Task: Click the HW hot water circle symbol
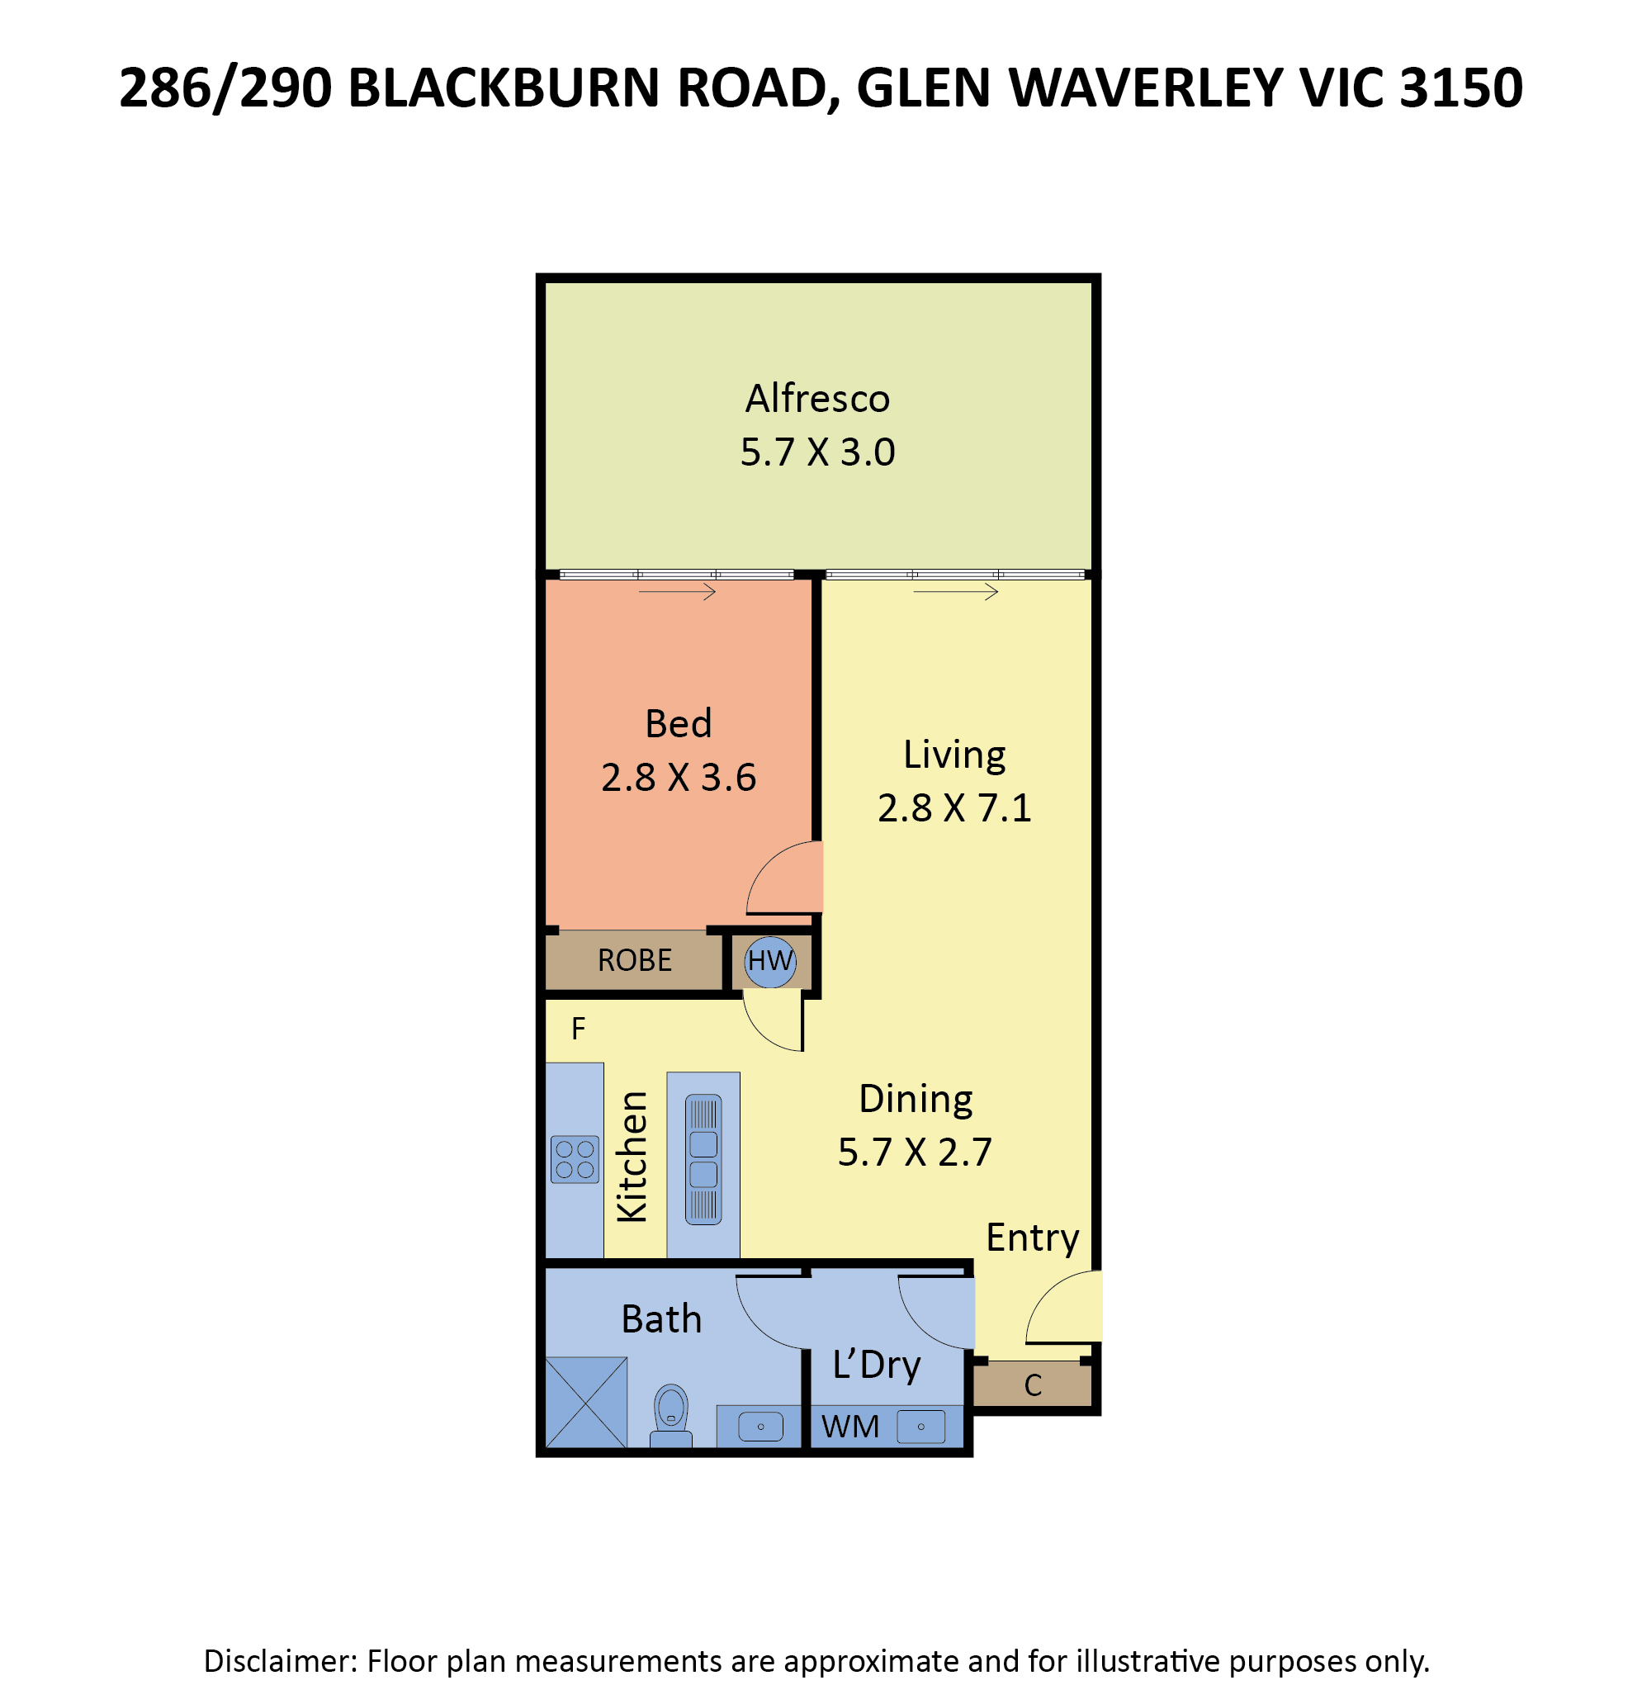(770, 963)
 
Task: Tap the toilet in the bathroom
(671, 1415)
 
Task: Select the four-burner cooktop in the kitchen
(575, 1160)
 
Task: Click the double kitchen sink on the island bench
(703, 1160)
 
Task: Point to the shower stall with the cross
(586, 1403)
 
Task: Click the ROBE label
(635, 961)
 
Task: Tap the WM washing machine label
(850, 1427)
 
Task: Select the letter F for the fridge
(578, 1029)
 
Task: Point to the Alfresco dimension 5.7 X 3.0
(818, 453)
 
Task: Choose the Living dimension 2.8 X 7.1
(954, 808)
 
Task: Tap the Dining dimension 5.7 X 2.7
(916, 1153)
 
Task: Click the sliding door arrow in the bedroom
(677, 592)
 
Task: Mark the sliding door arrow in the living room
(956, 592)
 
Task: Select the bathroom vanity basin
(760, 1427)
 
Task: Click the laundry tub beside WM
(920, 1427)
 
